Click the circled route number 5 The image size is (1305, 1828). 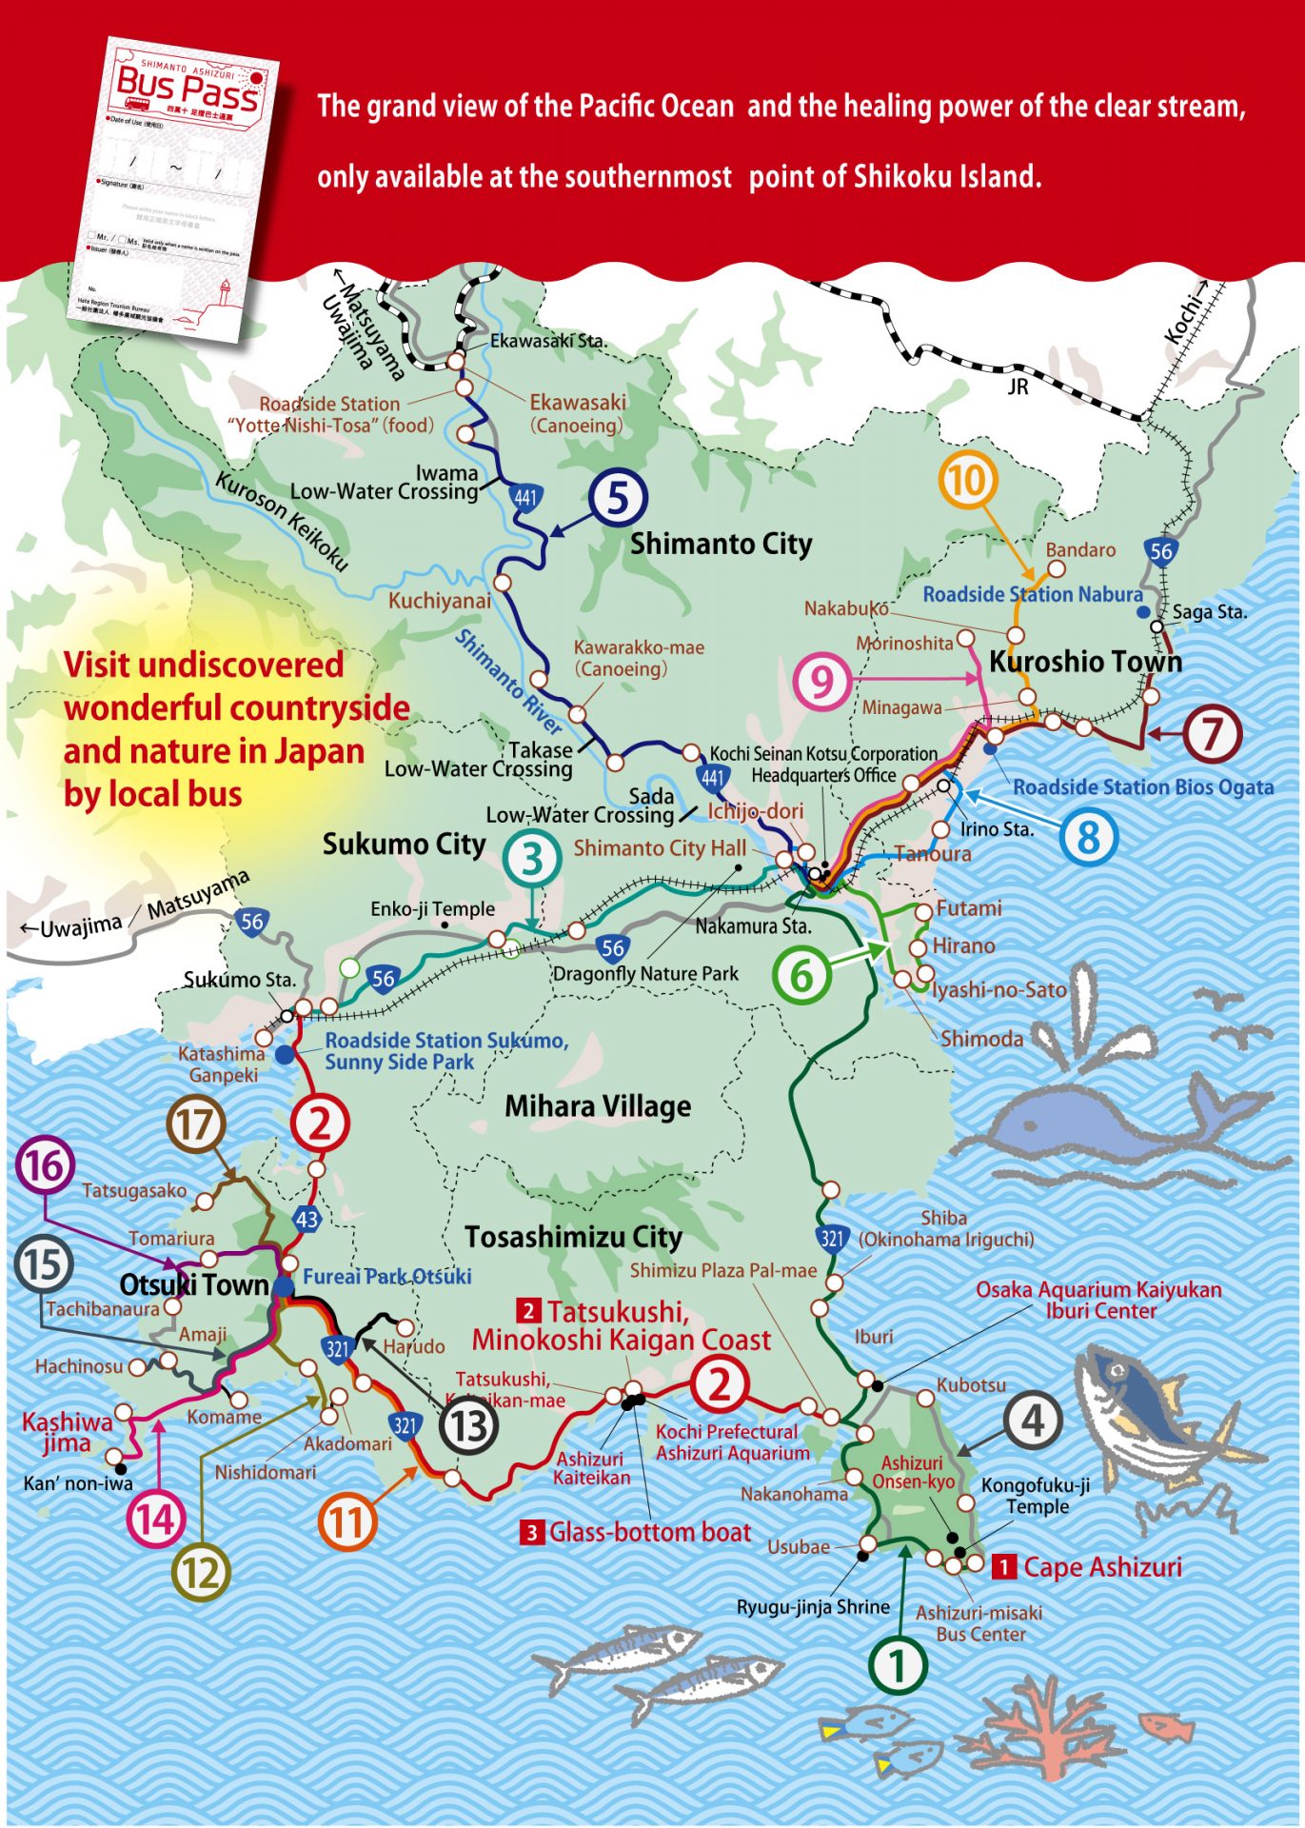(x=618, y=498)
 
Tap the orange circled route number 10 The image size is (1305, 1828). (x=967, y=481)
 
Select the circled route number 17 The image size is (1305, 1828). (x=195, y=1124)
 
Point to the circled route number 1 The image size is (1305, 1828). (x=897, y=1665)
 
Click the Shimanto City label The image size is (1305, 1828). (x=721, y=545)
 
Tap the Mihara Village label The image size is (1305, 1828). (x=598, y=1106)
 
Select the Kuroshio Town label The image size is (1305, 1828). (x=1085, y=662)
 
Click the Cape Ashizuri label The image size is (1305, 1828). (x=1102, y=1567)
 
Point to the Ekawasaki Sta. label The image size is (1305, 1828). (x=548, y=341)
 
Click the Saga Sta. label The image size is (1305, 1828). (x=1209, y=612)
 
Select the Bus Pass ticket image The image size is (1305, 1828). (x=181, y=190)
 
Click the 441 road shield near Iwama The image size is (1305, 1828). (x=525, y=497)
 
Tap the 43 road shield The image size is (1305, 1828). (x=306, y=1220)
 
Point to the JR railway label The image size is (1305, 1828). (x=1018, y=387)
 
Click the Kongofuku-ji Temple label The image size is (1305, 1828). (x=1037, y=1496)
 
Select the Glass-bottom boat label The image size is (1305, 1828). (x=650, y=1532)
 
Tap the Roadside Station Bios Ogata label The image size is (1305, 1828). (x=1142, y=787)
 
